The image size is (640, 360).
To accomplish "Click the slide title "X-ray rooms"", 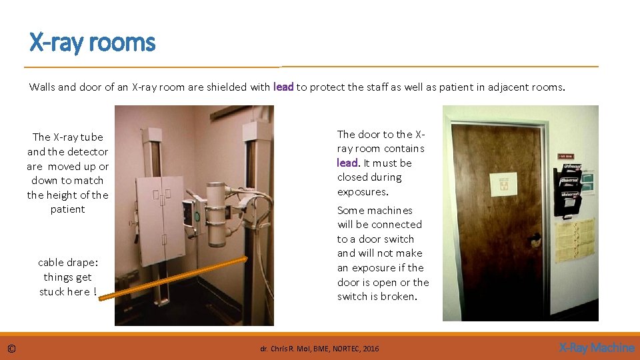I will (x=92, y=43).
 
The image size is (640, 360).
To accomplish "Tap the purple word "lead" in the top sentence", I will (x=283, y=87).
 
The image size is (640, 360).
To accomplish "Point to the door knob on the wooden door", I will (x=535, y=239).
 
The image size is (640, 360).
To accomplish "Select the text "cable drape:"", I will (x=67, y=263).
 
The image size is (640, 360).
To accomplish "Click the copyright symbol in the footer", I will (x=11, y=348).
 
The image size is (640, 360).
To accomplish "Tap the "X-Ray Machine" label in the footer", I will (x=596, y=347).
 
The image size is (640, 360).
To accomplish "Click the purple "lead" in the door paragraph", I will (x=347, y=163).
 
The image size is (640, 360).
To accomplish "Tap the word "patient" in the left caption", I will (x=67, y=209).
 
